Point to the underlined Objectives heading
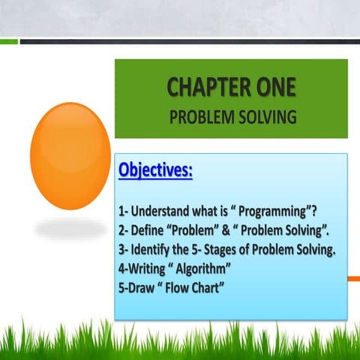tap(155, 170)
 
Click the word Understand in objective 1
tap(172, 212)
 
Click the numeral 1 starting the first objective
tap(121, 212)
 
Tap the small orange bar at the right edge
tap(354, 278)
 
